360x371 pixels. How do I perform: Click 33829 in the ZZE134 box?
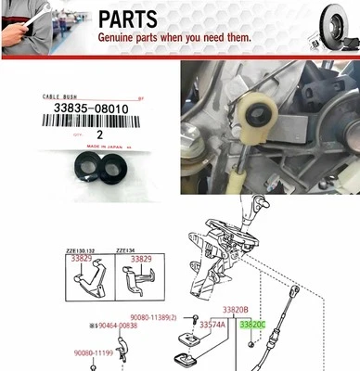tap(140, 259)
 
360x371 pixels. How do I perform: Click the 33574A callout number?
tap(212, 326)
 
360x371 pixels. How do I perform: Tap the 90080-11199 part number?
tap(94, 352)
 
